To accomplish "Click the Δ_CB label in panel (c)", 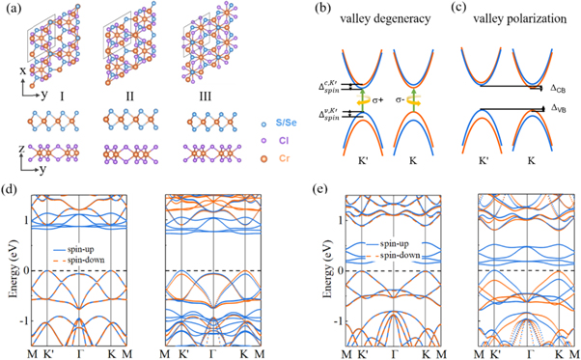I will coord(557,88).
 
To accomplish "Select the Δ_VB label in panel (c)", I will coord(557,109).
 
